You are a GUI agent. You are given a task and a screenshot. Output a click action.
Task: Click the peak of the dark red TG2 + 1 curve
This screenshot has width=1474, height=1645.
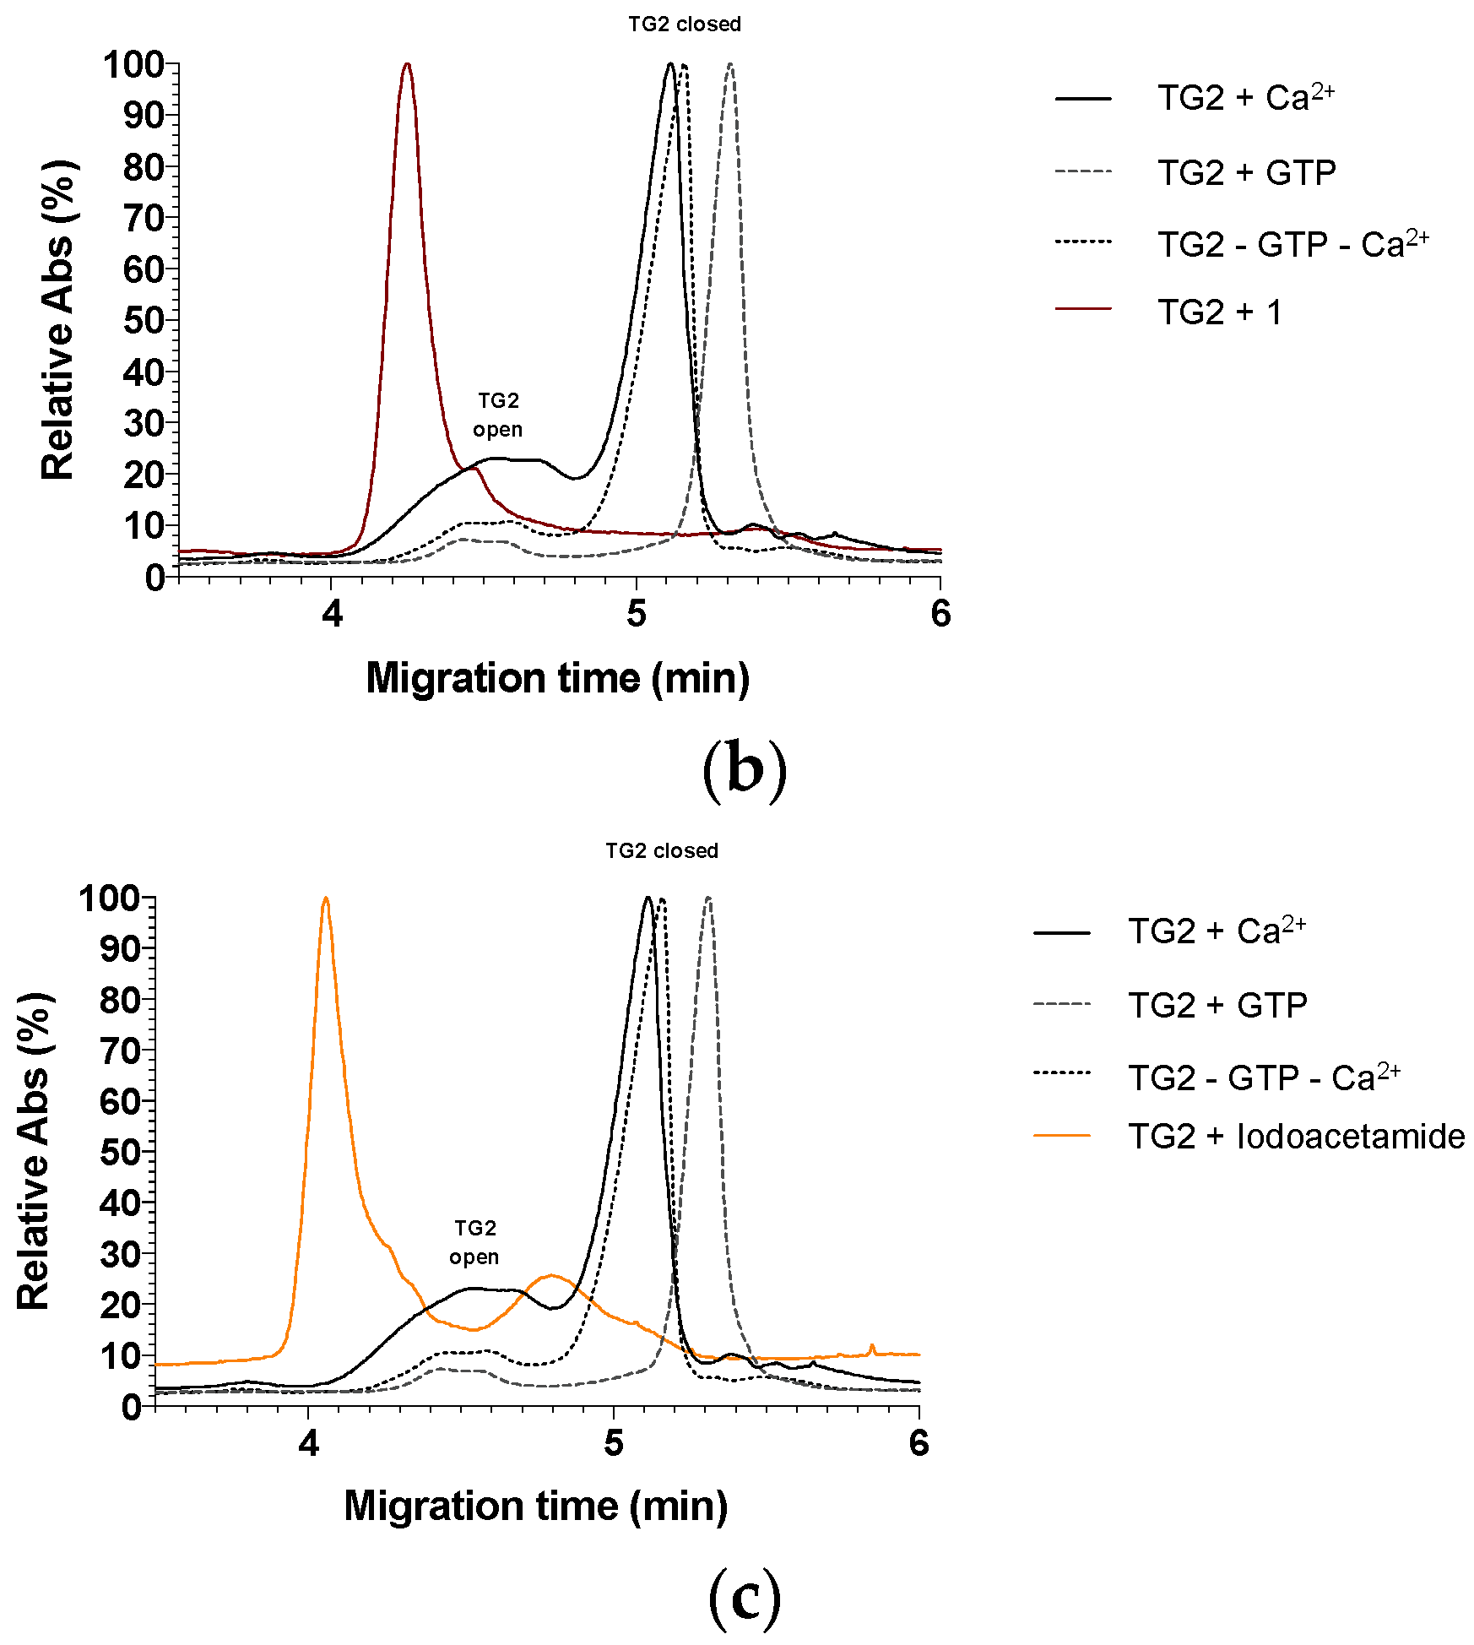tap(407, 65)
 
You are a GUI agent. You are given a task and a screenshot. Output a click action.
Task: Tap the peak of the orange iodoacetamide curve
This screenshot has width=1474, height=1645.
tap(326, 899)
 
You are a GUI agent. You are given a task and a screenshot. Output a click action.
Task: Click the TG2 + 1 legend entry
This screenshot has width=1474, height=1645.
tap(1219, 312)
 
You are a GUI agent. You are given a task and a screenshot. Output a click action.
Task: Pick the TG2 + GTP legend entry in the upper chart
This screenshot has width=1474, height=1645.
tap(1246, 172)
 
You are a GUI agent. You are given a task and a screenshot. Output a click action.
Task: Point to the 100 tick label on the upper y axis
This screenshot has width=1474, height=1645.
tap(133, 65)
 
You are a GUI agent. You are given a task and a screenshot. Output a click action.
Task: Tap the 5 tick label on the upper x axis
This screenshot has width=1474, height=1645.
tap(636, 614)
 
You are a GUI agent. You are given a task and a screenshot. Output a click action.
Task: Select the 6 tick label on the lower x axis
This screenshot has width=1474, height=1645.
tap(919, 1443)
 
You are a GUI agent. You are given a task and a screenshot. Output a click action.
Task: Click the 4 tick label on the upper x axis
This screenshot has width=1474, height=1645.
tap(332, 614)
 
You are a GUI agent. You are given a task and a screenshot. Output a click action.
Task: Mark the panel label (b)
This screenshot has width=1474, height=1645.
tap(744, 768)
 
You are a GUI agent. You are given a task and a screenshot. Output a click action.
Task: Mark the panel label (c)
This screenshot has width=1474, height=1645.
tap(744, 1599)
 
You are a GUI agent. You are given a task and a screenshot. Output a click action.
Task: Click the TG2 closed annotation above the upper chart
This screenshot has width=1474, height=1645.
tap(684, 24)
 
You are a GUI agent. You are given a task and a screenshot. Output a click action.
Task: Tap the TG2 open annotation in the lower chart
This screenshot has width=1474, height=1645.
tap(474, 1242)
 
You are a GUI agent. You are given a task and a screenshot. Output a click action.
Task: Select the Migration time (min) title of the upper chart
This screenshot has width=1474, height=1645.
tap(557, 678)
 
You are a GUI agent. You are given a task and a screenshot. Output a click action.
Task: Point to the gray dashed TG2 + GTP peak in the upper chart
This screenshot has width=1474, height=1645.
tap(730, 65)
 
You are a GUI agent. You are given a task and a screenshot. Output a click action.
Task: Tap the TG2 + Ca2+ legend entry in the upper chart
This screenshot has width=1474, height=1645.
tap(1244, 99)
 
